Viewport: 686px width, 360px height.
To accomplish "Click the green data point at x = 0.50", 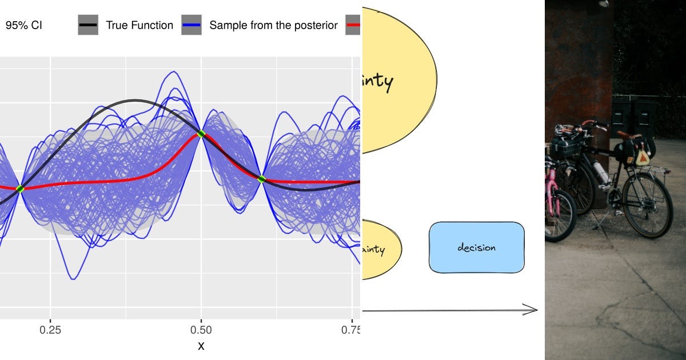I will [x=201, y=134].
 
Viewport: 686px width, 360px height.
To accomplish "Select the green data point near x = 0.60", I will [x=262, y=179].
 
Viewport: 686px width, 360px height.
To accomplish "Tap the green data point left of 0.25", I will [x=20, y=189].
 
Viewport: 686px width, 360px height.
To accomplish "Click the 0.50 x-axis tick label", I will [x=201, y=330].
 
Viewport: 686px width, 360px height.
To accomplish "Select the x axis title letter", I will [x=201, y=346].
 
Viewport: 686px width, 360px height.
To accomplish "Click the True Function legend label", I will [x=139, y=25].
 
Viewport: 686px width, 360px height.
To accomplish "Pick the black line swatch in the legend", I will [x=88, y=25].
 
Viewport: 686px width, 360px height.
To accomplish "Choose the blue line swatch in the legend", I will [x=192, y=25].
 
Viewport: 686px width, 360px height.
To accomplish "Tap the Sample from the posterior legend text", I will [x=273, y=25].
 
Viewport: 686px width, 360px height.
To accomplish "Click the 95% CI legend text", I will [x=24, y=25].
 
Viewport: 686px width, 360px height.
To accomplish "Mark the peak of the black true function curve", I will [x=134, y=101].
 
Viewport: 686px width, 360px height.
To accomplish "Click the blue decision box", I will [x=476, y=247].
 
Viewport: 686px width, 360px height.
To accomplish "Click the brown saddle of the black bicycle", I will [x=628, y=135].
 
